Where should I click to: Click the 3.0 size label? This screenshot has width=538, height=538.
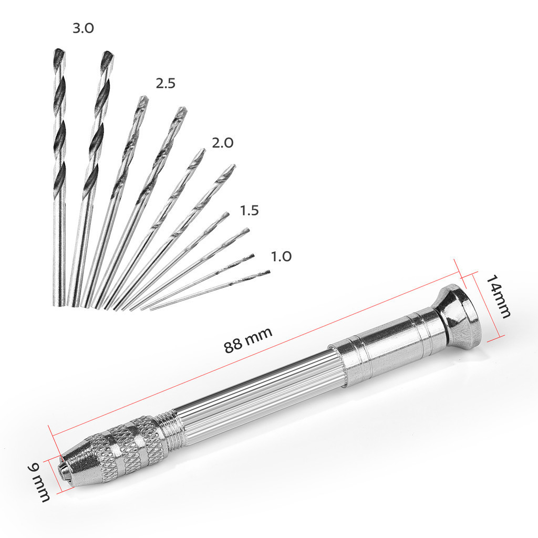pos(83,28)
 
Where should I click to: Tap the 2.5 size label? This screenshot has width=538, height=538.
pos(165,84)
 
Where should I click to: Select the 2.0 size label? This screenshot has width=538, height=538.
pos(223,143)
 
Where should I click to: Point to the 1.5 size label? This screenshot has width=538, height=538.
pos(249,210)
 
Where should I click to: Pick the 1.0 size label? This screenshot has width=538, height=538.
pos(282,256)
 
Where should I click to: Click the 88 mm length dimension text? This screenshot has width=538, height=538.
pos(248,340)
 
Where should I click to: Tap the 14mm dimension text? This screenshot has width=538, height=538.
pos(498,296)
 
